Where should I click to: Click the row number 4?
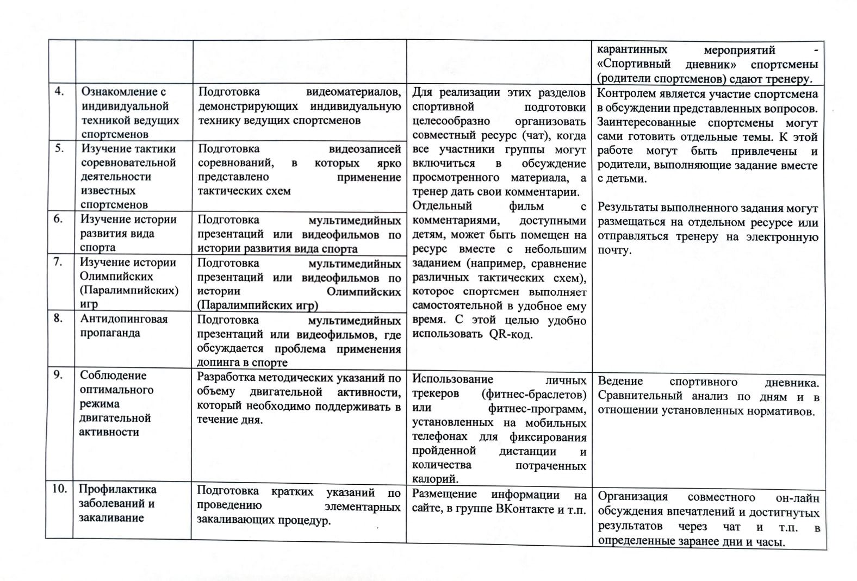pos(59,91)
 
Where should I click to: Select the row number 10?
pos(59,489)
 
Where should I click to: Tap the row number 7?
pos(58,261)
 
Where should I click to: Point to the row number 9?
pos(58,374)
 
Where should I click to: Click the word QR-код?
pos(511,334)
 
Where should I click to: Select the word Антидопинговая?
pos(124,319)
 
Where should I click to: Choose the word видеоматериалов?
pos(353,92)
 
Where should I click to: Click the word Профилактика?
pos(117,489)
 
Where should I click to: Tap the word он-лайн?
pos(797,497)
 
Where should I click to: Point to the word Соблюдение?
pos(113,376)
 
